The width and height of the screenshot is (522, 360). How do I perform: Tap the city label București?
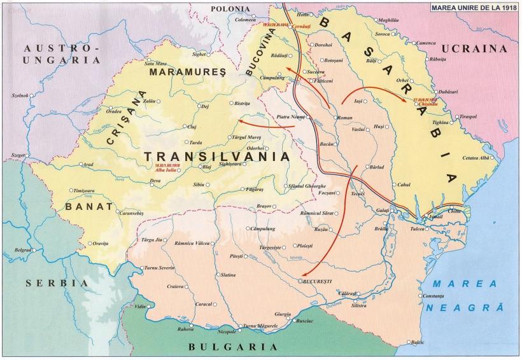320,280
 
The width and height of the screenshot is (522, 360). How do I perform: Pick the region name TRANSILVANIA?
216,156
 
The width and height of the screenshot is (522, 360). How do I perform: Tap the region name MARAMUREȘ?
187,73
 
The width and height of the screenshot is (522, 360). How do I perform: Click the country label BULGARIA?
233,347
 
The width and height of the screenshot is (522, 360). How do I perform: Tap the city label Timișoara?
88,190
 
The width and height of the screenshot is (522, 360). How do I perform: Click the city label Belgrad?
23,250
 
